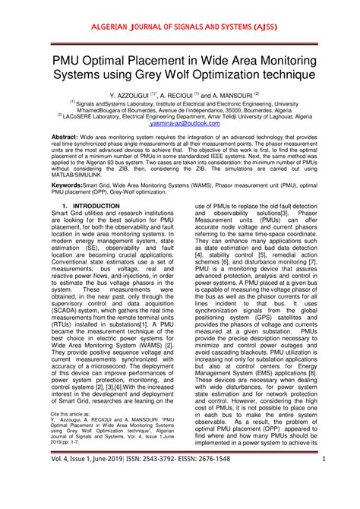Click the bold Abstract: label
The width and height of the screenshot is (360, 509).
tap(66, 136)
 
